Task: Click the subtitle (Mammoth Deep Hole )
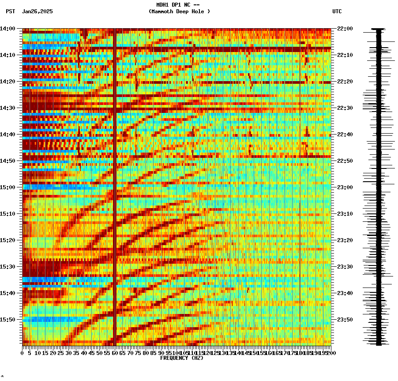point(179,11)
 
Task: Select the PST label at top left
point(11,11)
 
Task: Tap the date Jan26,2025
point(37,11)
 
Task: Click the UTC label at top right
point(337,11)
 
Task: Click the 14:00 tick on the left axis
point(8,29)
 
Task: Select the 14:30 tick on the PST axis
point(8,108)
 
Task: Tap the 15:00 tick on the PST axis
point(8,187)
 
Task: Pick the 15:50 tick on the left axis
point(8,320)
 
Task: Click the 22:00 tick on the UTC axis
point(345,29)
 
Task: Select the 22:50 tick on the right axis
point(345,161)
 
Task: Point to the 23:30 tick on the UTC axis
point(345,267)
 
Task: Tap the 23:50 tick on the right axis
point(345,320)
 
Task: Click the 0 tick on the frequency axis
point(23,353)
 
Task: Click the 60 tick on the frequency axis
point(115,353)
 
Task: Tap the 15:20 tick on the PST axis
point(8,240)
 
